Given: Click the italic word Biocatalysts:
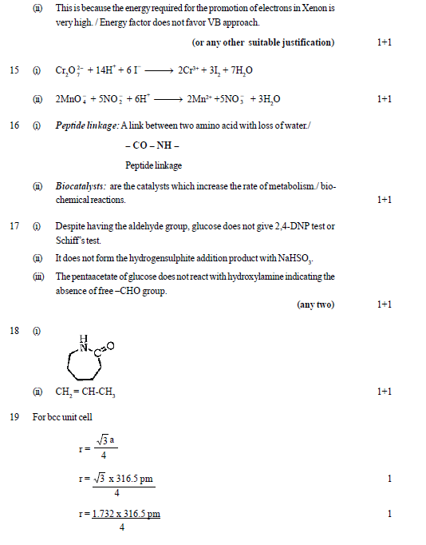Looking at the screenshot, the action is click(x=81, y=186).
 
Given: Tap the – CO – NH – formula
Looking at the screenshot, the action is click(x=152, y=146).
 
